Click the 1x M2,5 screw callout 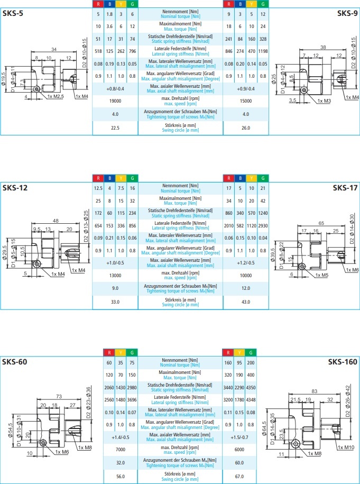(x=54, y=96)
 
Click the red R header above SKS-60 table (x=108, y=352)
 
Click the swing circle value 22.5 (x=115, y=127)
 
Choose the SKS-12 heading (x=15, y=188)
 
